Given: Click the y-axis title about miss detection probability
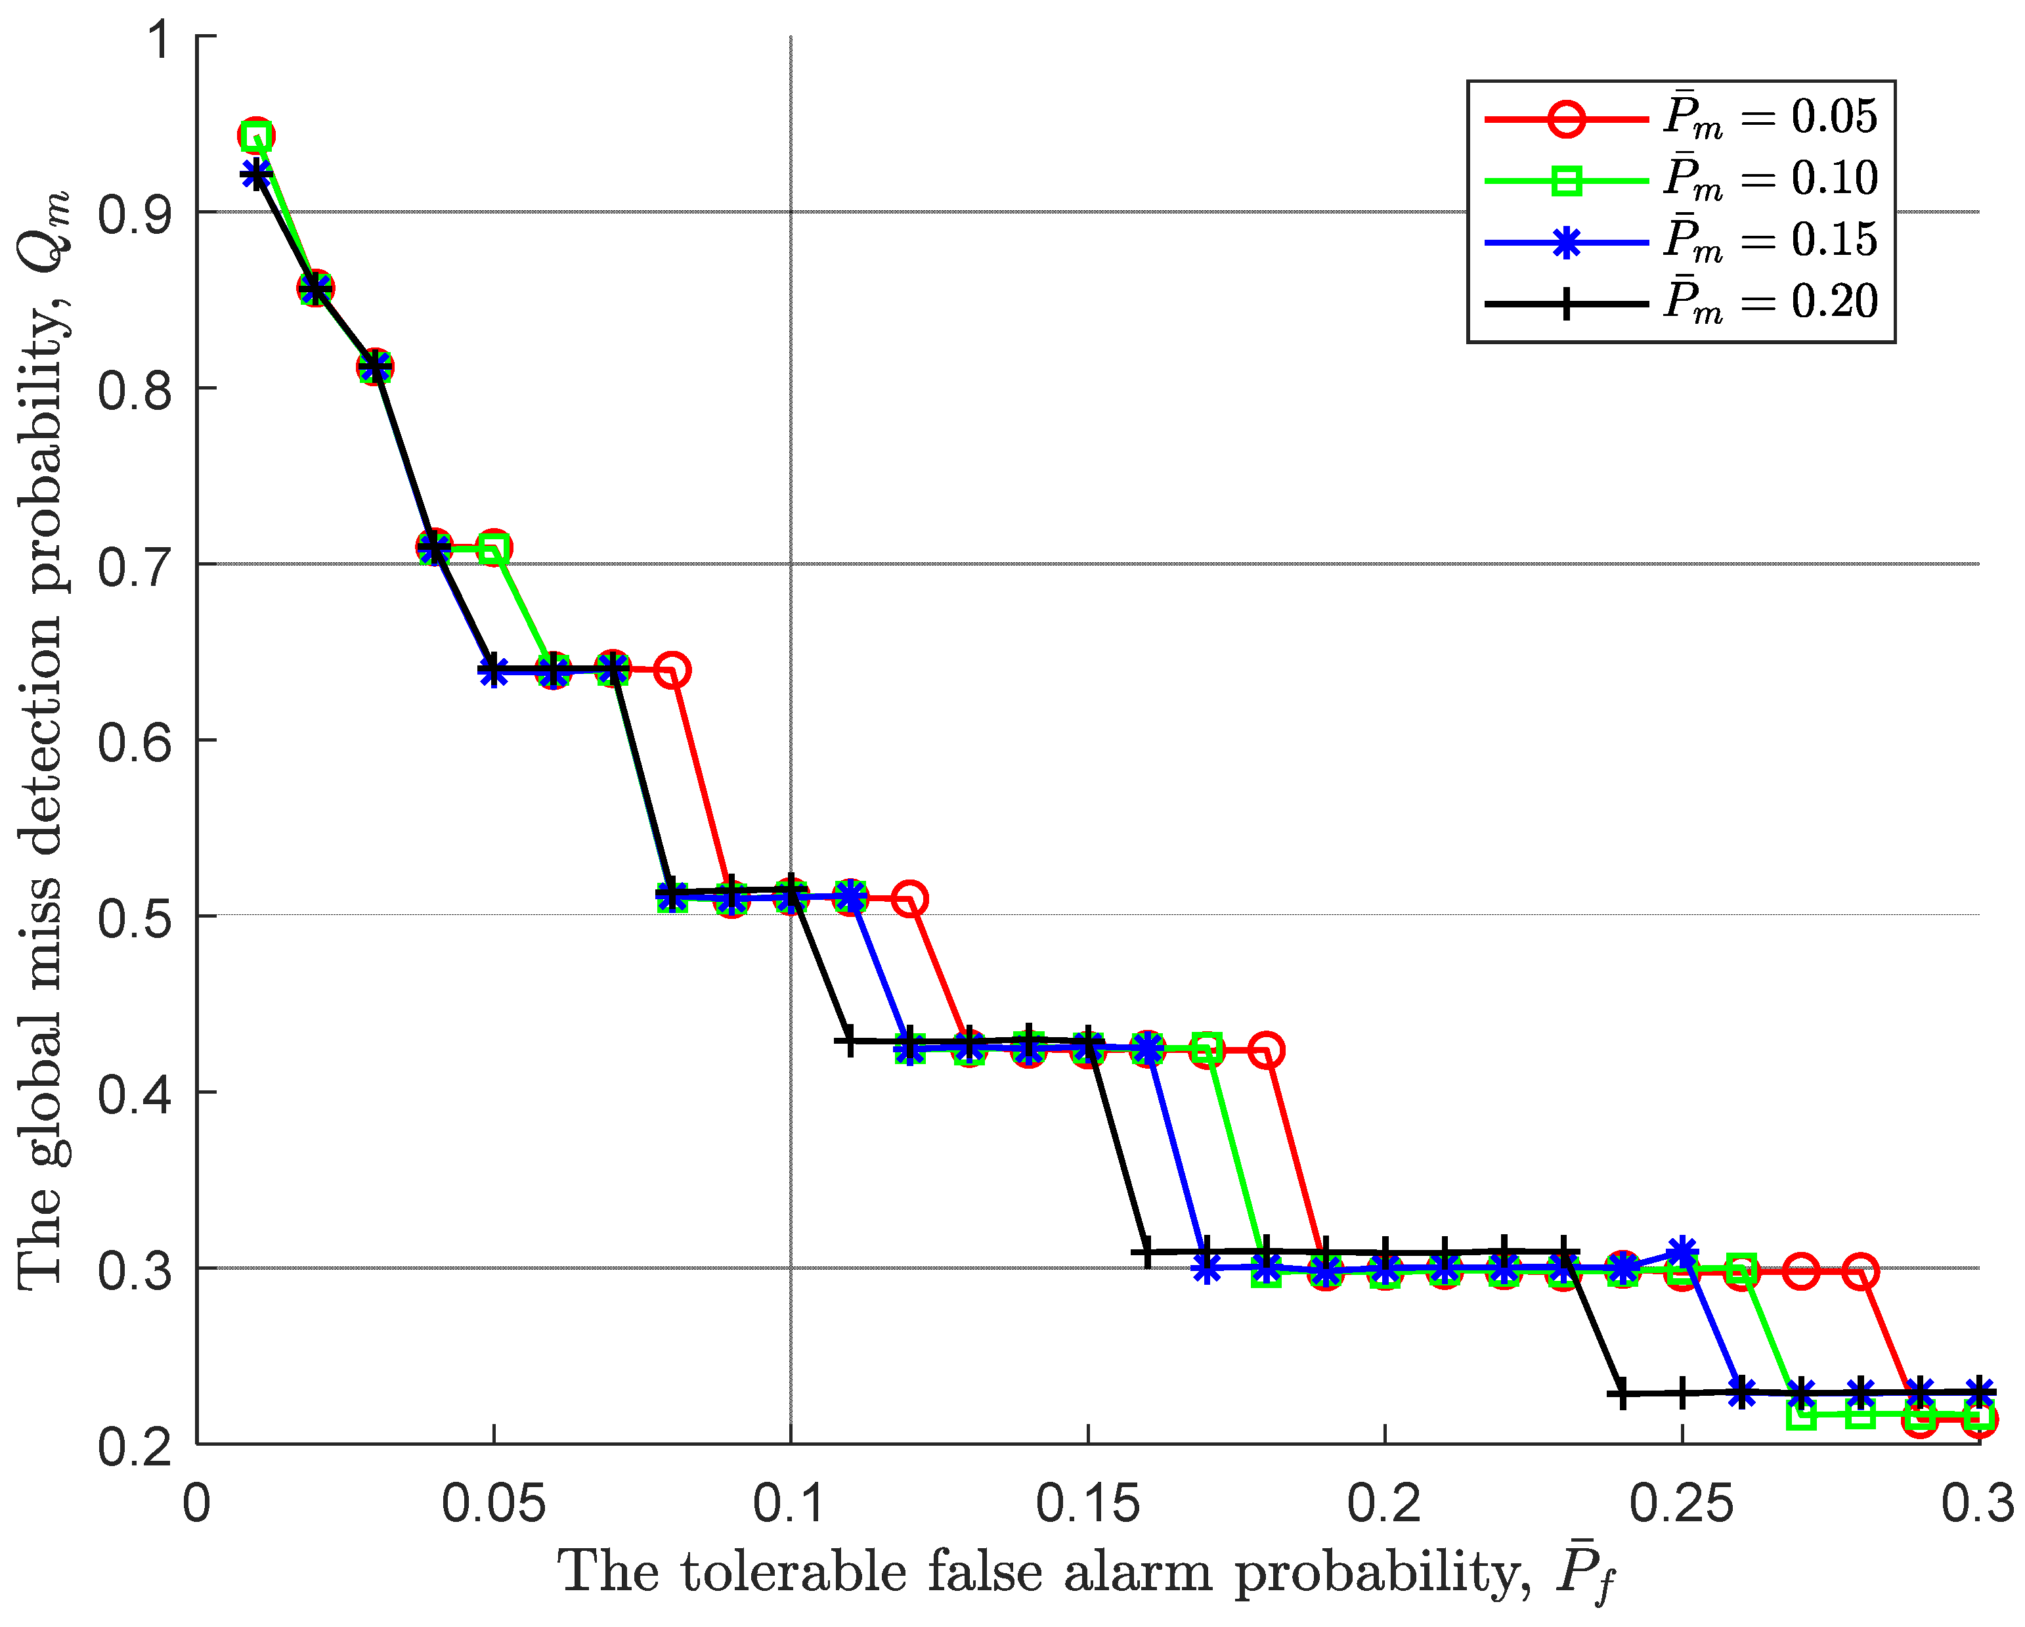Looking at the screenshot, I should [x=42, y=742].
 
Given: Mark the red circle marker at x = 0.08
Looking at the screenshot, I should [x=672, y=671].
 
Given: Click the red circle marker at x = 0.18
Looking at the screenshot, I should [x=1266, y=1050].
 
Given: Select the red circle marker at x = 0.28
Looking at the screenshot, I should [x=1861, y=1272].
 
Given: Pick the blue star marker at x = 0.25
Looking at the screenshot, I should [x=1682, y=1252].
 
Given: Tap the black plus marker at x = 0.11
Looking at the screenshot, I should [x=850, y=1041].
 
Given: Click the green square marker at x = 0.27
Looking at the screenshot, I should [x=1802, y=1415].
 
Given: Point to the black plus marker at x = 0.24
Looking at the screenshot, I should [x=1622, y=1394].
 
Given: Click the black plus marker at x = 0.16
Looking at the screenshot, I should [x=1147, y=1252].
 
